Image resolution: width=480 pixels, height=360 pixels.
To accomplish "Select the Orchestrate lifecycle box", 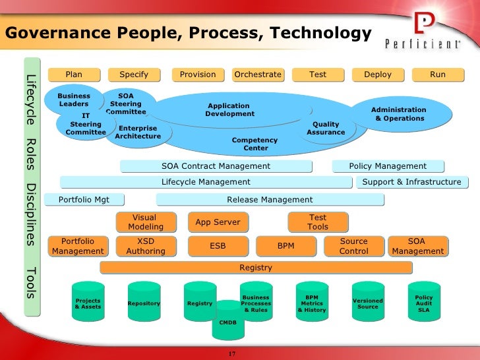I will tap(257, 75).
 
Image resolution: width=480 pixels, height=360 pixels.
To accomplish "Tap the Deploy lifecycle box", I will tap(377, 75).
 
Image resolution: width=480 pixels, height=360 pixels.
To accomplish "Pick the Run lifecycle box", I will tap(438, 75).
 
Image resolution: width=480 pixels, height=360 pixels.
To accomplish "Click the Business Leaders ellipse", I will tap(74, 100).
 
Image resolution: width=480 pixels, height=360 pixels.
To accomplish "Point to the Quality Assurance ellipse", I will tap(326, 128).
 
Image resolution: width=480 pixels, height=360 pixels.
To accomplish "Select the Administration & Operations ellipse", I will tap(398, 114).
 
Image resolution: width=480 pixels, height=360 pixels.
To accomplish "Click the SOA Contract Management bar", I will tap(216, 166).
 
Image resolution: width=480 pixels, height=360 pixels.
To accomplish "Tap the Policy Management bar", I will tap(387, 166).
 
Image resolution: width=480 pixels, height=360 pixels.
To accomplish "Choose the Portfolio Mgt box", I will tap(84, 200).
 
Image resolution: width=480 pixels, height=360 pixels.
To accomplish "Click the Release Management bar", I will tap(269, 200).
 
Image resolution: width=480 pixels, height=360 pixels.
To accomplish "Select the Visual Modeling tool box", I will tap(145, 222).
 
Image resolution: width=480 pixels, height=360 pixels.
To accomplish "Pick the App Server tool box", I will tap(218, 222).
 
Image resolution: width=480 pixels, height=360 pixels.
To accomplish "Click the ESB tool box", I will tap(218, 246).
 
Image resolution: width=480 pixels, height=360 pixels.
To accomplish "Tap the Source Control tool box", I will tap(353, 247).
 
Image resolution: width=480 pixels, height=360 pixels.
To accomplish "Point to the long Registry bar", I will tap(256, 268).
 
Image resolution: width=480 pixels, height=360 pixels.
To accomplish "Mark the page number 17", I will tap(231, 355).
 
